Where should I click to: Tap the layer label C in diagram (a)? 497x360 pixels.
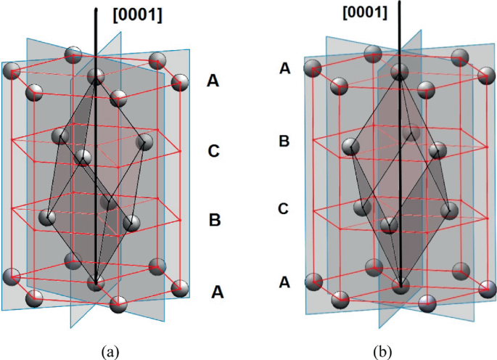coord(214,152)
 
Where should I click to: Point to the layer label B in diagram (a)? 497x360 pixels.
coord(214,219)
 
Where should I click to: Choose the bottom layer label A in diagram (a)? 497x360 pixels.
coord(218,292)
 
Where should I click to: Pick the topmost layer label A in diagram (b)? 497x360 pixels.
coord(285,68)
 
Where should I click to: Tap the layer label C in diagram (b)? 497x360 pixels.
coord(285,209)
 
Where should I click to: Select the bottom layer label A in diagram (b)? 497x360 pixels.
coord(285,280)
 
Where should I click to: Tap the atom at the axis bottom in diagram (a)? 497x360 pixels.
coord(95,283)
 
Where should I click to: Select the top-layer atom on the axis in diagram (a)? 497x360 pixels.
coord(95,76)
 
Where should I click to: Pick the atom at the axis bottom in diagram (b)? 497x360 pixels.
coord(400,285)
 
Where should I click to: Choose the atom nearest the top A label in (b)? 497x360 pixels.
coord(313,69)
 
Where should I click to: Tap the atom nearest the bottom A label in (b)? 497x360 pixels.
coord(314,282)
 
